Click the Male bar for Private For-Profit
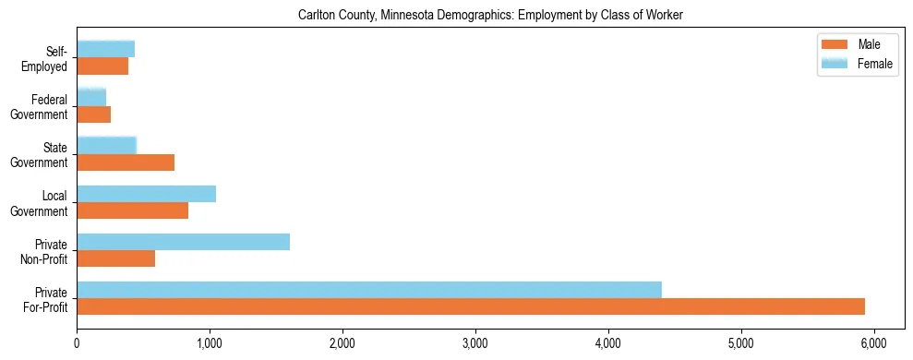coord(471,306)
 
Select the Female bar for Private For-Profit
coord(369,290)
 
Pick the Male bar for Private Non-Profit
coord(115,258)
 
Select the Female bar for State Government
coord(106,146)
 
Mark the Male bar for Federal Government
coord(93,114)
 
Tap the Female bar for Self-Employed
coord(105,49)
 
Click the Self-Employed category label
coord(49,58)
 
